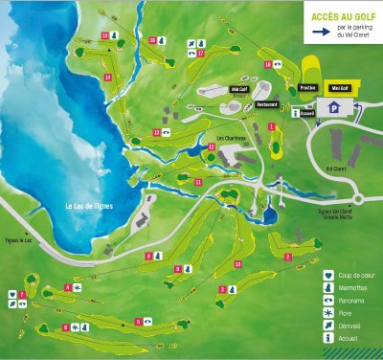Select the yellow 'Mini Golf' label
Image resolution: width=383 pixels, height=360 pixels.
coord(337,88)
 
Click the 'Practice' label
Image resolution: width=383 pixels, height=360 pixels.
coord(307,88)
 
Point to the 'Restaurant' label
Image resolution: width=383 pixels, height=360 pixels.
coord(267,104)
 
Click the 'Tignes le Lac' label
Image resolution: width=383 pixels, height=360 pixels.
coord(19,240)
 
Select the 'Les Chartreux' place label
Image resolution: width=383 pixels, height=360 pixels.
coord(232,137)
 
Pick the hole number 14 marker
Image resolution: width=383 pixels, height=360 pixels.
coord(108,77)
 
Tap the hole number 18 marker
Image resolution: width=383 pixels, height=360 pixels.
coord(267,64)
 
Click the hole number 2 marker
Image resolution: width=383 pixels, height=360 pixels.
coord(286,257)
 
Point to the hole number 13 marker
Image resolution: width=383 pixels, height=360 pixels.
coord(156,132)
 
